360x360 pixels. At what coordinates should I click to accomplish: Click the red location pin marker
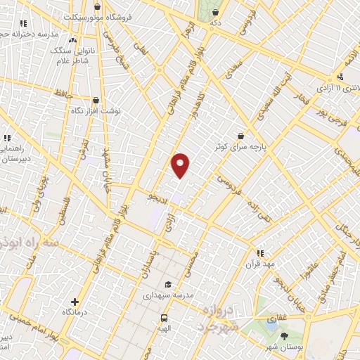tap(181, 165)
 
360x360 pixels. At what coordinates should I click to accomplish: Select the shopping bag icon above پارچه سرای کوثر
tap(241, 135)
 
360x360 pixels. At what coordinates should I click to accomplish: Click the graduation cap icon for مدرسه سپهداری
tap(167, 284)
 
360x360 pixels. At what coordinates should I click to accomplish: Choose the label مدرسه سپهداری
tap(167, 295)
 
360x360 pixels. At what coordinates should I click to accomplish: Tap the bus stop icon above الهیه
tap(164, 317)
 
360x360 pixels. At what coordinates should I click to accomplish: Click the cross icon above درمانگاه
tap(75, 302)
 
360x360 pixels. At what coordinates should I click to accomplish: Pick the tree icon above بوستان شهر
tap(285, 336)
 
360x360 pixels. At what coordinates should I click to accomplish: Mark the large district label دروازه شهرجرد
tap(219, 319)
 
